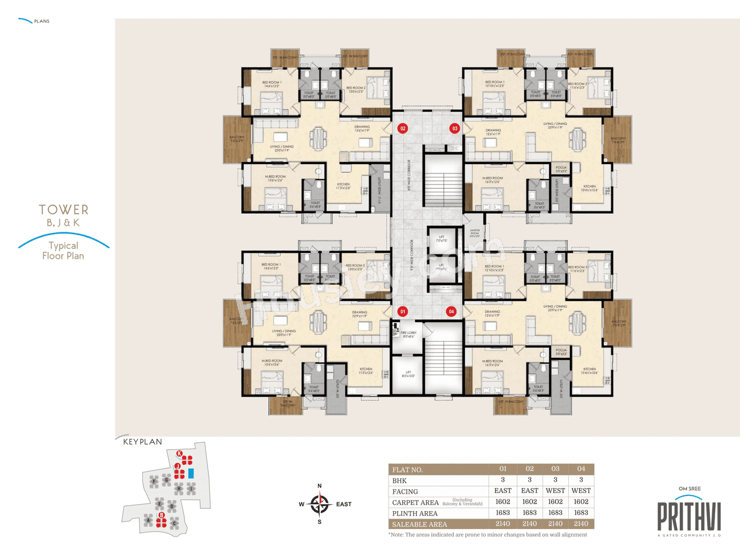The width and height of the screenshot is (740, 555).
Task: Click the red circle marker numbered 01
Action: coord(403,312)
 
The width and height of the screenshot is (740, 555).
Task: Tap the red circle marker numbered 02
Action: coord(403,128)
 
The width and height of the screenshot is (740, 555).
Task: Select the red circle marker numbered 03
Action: coord(455,128)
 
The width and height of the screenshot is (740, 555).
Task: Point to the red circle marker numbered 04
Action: coord(452,312)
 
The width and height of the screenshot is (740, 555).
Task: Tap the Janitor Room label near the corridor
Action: coord(475,234)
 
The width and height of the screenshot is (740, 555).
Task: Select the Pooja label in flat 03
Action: coord(561,169)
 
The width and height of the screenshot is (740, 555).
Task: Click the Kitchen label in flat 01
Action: coord(366,371)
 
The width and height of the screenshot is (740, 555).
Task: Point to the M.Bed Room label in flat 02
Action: coord(275,178)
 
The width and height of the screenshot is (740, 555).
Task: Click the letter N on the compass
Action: coord(320,486)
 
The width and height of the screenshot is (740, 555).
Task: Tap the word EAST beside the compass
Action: coord(344,504)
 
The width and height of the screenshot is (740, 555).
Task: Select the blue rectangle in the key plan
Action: coord(191,473)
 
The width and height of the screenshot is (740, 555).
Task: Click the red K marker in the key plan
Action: coord(179,453)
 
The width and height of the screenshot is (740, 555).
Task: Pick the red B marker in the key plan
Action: coord(162,515)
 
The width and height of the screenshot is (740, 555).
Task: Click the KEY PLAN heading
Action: coord(143,442)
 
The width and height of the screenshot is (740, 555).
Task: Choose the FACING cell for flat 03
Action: coord(555,491)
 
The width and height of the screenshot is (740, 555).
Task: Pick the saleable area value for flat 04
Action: coord(581,524)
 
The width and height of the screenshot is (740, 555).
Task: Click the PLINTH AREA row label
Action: coord(415,513)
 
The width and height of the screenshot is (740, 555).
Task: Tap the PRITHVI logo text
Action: coord(689,517)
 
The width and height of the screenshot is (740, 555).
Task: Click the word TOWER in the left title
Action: coord(64,209)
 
